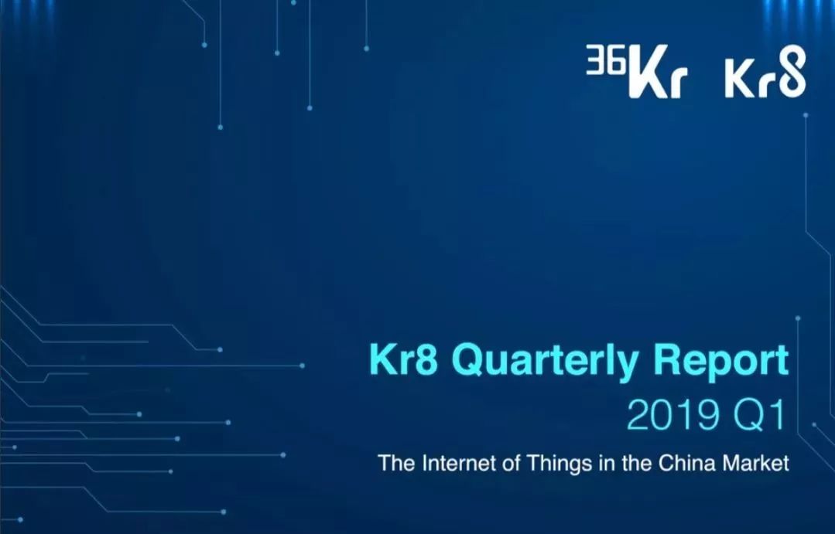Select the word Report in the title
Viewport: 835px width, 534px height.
tap(721, 362)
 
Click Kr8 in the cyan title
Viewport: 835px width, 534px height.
tap(403, 360)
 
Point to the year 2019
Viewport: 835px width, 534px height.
tap(672, 415)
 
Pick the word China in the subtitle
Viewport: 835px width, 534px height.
tap(687, 463)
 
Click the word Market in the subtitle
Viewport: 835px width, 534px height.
tap(755, 463)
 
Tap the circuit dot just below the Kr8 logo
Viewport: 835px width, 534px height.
tap(806, 115)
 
